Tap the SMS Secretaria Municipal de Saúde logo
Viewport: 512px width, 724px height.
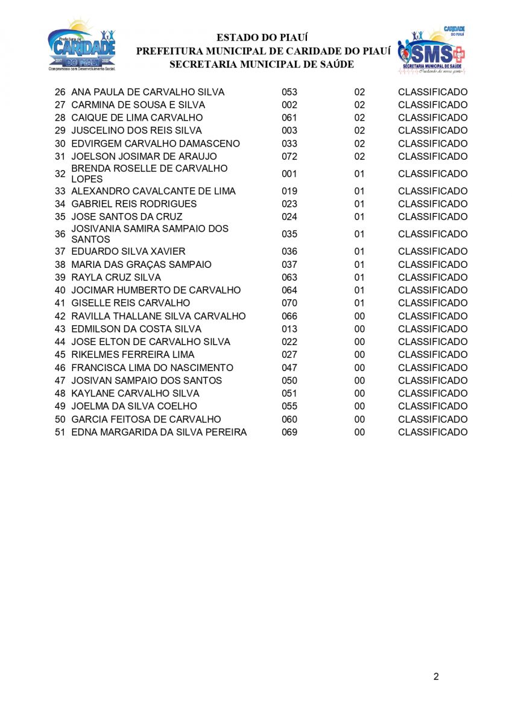pos(431,50)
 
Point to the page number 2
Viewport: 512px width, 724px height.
pos(436,676)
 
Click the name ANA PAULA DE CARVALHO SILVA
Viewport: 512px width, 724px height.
pos(148,92)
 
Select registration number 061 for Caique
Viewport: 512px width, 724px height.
pos(289,118)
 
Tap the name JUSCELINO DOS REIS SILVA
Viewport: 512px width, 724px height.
pos(136,130)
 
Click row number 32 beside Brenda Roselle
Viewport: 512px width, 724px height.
pos(60,174)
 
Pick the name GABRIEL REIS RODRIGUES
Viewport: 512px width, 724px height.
pos(134,204)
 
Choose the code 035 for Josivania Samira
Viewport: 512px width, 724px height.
pos(289,234)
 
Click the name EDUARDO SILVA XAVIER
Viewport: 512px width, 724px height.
pos(128,252)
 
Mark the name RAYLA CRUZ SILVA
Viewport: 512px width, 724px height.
pos(116,278)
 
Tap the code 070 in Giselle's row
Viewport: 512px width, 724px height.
pos(289,303)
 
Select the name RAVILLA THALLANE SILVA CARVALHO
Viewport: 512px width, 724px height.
pos(159,316)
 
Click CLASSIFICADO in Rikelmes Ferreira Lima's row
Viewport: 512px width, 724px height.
pos(432,355)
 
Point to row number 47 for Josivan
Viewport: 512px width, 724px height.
pos(60,381)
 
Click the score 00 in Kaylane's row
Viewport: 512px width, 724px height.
pos(359,393)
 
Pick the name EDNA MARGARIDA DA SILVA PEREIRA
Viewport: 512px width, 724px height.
pos(159,432)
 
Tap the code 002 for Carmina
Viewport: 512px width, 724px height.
pos(289,105)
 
